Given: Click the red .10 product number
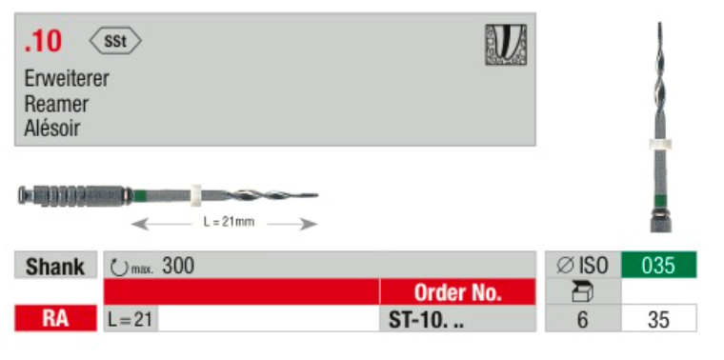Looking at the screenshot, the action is tap(43, 42).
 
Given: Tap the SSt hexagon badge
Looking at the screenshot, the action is tap(115, 41).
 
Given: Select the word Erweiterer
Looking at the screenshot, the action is tap(67, 79).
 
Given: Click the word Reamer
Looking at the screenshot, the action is tap(56, 104).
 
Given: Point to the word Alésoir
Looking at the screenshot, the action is tap(52, 128).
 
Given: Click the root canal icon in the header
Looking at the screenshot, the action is tap(506, 45).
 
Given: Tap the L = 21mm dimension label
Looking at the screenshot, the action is tap(229, 222).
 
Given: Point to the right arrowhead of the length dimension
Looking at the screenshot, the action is tap(309, 225).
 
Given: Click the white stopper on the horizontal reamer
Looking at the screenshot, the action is tap(196, 195).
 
